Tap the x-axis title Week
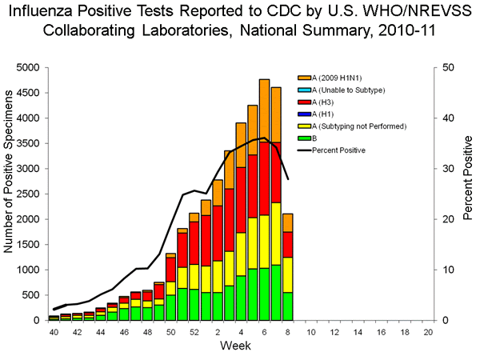240,346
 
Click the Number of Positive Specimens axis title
10,194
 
